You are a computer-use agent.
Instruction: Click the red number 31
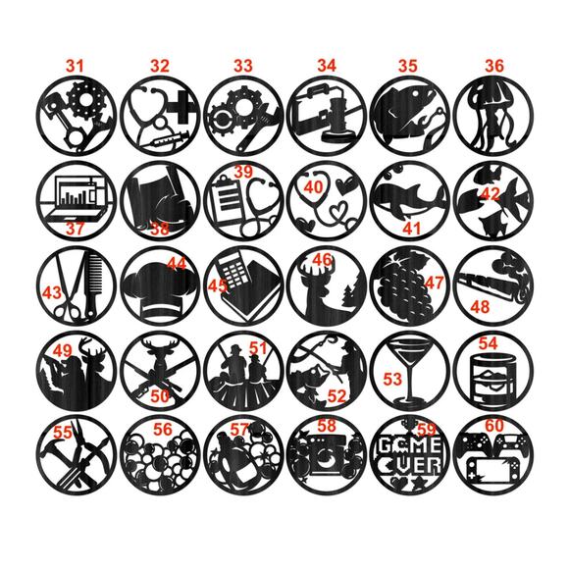click(x=75, y=66)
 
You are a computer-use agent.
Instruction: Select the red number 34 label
click(x=327, y=66)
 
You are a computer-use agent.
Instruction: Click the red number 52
click(x=336, y=396)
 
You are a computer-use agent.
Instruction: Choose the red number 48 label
click(x=481, y=307)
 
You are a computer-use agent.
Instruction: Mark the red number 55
click(x=63, y=430)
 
